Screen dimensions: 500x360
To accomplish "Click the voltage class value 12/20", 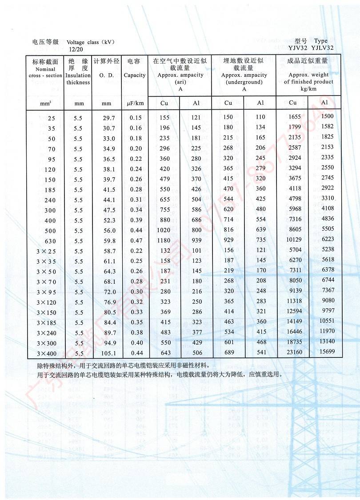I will (76, 49).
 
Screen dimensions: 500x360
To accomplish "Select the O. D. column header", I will (106, 75).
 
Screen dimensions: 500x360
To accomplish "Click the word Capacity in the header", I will (135, 75).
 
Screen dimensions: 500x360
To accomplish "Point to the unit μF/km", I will (135, 103).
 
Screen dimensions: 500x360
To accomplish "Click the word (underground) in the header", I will (244, 82).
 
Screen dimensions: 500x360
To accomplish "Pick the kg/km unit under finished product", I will (308, 89).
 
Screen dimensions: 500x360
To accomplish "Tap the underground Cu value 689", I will (228, 353).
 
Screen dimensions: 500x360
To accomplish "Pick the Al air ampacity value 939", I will (196, 240).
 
